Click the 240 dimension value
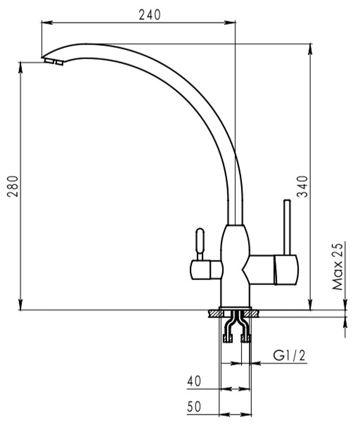tap(150, 15)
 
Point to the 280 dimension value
tap(13, 186)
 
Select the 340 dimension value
tap(302, 186)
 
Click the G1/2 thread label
tap(289, 355)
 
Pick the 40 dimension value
tap(194, 381)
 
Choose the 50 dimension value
tap(194, 406)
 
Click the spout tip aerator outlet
tap(53, 62)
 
